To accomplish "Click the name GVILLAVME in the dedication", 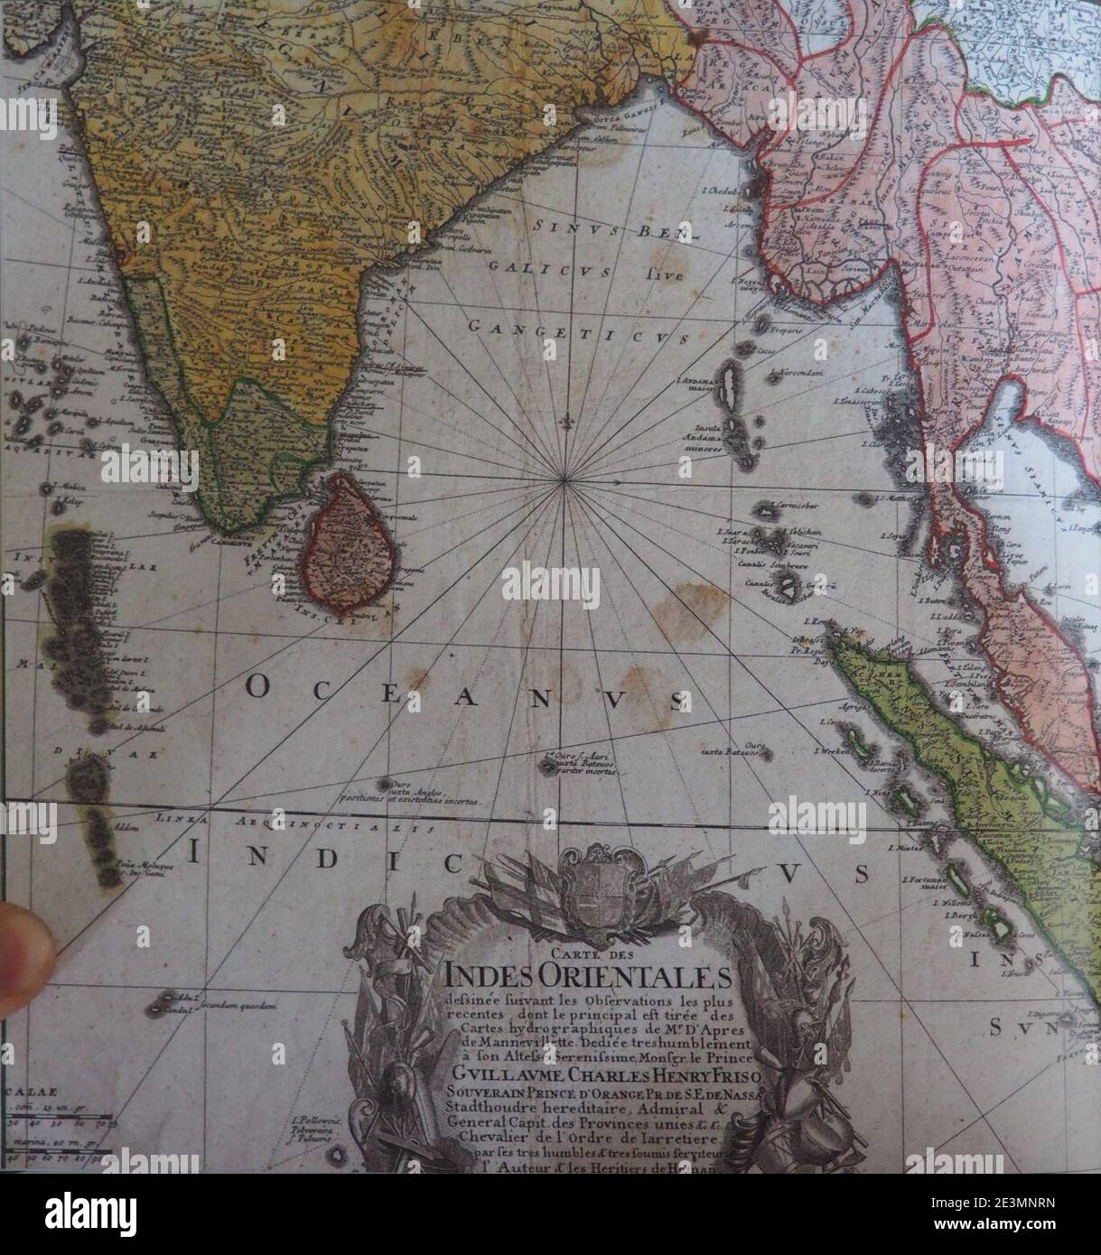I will (x=500, y=1078).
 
